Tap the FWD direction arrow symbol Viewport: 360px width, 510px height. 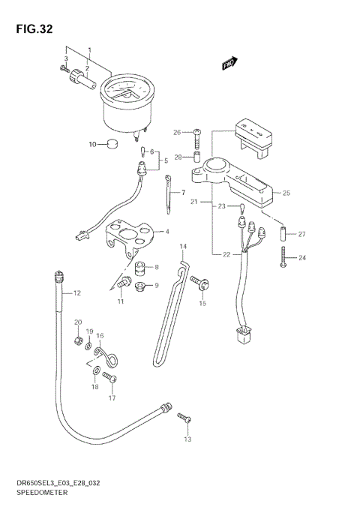coord(229,64)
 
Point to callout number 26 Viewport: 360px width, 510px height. coord(177,133)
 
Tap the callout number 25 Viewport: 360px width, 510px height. coord(286,193)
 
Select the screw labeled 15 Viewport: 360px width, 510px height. coord(200,283)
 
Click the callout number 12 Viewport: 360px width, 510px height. coord(76,293)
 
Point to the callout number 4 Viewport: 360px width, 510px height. coord(167,232)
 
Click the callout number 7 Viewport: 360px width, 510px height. coord(183,193)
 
